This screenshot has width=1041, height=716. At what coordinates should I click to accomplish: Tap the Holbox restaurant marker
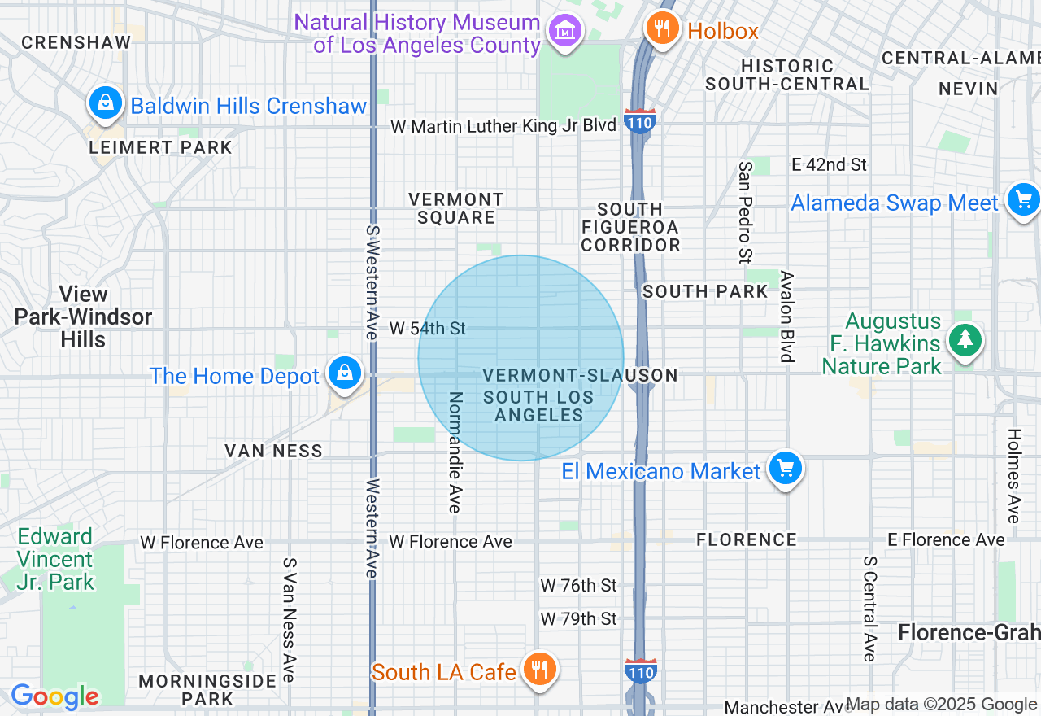click(663, 28)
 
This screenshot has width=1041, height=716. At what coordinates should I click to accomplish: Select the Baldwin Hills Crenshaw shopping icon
click(105, 103)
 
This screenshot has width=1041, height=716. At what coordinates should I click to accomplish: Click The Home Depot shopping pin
click(345, 374)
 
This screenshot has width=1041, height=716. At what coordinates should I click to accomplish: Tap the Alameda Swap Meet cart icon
click(1023, 199)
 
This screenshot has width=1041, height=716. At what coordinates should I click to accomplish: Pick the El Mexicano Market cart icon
click(785, 469)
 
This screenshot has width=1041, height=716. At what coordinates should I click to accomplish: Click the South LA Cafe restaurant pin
click(538, 670)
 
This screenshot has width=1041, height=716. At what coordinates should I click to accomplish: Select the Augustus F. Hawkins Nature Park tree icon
click(965, 341)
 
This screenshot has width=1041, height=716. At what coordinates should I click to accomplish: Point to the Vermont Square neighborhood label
click(456, 208)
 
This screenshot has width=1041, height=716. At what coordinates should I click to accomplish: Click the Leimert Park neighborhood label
click(161, 147)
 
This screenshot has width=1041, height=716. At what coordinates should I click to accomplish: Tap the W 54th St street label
click(428, 329)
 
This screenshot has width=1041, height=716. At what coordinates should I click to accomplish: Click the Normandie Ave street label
click(455, 452)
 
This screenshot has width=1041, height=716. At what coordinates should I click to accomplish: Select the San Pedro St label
click(745, 212)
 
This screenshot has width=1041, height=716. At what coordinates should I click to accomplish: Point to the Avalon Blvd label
click(786, 317)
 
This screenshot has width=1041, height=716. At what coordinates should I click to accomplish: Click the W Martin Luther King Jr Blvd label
click(503, 126)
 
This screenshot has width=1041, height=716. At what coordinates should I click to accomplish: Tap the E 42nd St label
click(830, 164)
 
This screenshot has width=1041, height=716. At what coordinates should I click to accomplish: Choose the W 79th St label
click(579, 619)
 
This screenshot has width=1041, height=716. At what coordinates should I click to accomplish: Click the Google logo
click(54, 696)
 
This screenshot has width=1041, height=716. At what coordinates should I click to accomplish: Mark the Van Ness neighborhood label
click(274, 451)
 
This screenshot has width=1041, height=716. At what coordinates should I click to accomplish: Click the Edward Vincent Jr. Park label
click(56, 559)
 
